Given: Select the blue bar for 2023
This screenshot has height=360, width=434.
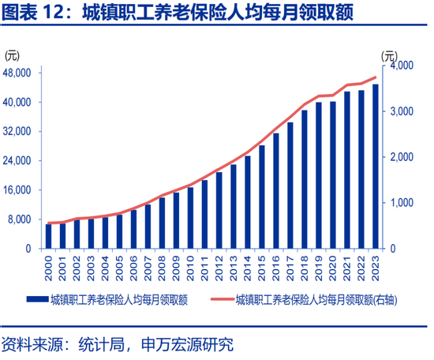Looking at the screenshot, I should point(375,167).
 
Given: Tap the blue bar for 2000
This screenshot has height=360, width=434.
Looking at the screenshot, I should point(49,236).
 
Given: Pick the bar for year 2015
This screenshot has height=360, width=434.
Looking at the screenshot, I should point(261,197).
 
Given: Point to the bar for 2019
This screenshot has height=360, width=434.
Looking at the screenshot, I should point(318,175).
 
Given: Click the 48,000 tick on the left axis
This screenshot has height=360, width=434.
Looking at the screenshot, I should point(17,73).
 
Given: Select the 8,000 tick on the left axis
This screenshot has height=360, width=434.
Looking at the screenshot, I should point(20,219).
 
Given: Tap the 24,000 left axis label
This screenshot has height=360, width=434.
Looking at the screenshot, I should point(17,160).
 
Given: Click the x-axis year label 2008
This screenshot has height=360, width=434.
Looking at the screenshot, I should point(162,266).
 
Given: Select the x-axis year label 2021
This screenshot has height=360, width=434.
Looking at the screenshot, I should point(346,266).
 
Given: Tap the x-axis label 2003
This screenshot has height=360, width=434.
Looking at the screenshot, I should point(92,266).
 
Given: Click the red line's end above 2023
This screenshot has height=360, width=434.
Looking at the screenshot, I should point(375,77).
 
